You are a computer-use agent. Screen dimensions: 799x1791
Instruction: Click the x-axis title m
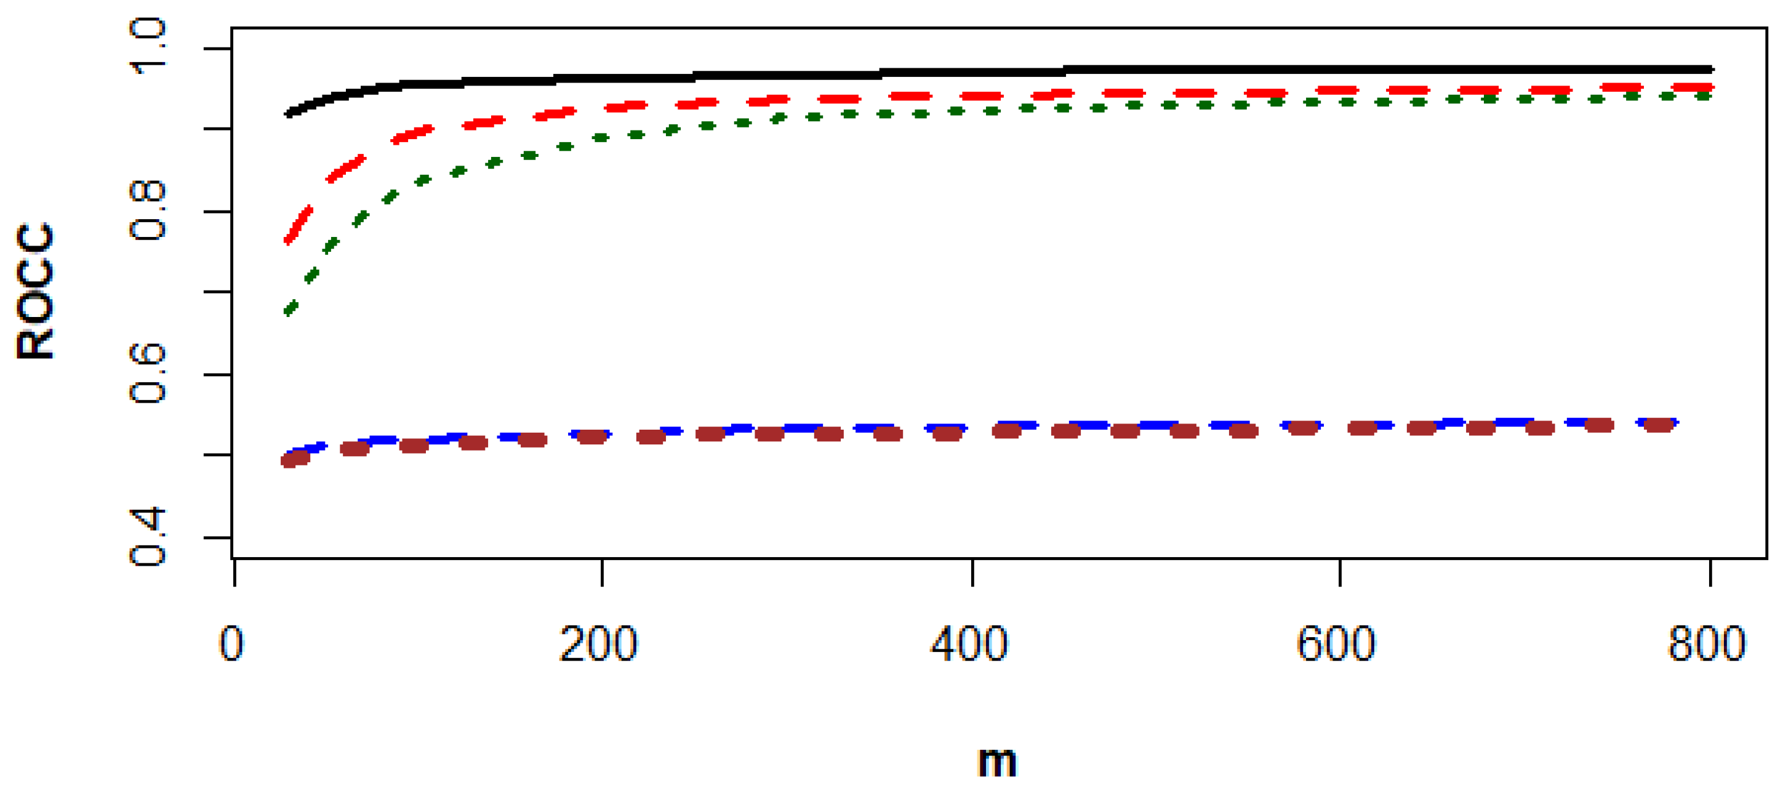pos(997,762)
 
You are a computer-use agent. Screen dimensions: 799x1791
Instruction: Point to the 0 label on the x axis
pos(231,643)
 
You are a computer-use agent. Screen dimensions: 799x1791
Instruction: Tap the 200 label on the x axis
pos(599,643)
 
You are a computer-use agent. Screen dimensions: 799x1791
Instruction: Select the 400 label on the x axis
pos(969,643)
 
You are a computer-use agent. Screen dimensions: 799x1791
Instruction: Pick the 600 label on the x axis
pos(1336,643)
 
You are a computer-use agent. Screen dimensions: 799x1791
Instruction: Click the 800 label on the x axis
pos(1707,643)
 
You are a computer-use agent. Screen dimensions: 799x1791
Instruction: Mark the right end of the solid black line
pos(1710,70)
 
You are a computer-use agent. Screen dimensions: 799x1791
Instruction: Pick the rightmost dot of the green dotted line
pos(1704,95)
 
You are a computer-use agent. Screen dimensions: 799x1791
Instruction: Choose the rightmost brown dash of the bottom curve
pos(1658,425)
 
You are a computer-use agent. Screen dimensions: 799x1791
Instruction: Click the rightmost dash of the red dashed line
pos(1693,87)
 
